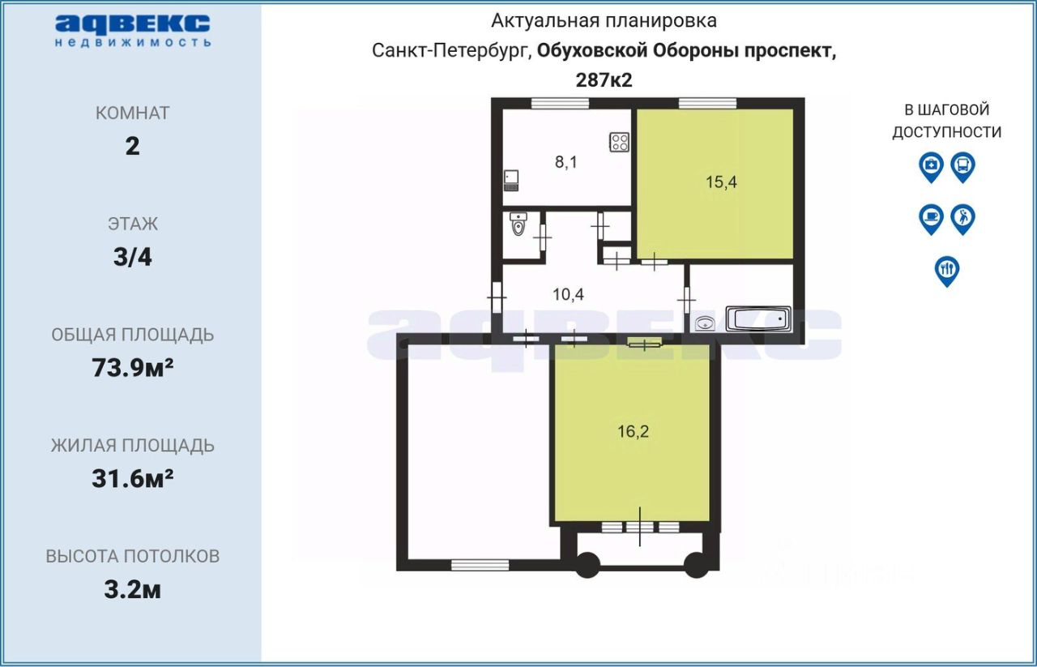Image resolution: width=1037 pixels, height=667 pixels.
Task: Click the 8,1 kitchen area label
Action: (566, 162)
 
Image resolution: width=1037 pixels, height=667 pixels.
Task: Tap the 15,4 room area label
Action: (720, 182)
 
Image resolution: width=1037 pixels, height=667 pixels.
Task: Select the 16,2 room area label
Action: (633, 431)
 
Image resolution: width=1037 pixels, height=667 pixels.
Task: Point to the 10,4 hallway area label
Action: (568, 294)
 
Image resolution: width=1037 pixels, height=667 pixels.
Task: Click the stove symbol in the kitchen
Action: (620, 143)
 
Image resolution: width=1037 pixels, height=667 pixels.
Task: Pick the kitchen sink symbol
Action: (511, 178)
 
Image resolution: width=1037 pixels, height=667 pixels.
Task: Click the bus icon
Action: (962, 166)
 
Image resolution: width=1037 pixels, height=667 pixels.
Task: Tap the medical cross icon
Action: (932, 166)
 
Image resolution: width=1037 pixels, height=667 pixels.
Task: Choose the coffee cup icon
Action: (932, 218)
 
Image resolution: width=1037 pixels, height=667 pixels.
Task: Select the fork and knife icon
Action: (947, 269)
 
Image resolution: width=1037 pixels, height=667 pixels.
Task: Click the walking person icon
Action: (962, 218)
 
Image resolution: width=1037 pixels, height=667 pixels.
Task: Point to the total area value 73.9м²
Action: (133, 369)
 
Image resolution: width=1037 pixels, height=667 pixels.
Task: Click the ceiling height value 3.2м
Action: (133, 590)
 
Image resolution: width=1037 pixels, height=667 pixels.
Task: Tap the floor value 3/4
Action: (133, 258)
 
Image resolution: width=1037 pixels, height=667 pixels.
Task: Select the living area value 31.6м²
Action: (133, 479)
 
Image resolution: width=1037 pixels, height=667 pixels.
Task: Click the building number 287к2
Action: (603, 80)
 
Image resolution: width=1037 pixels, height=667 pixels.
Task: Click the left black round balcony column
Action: (587, 564)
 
